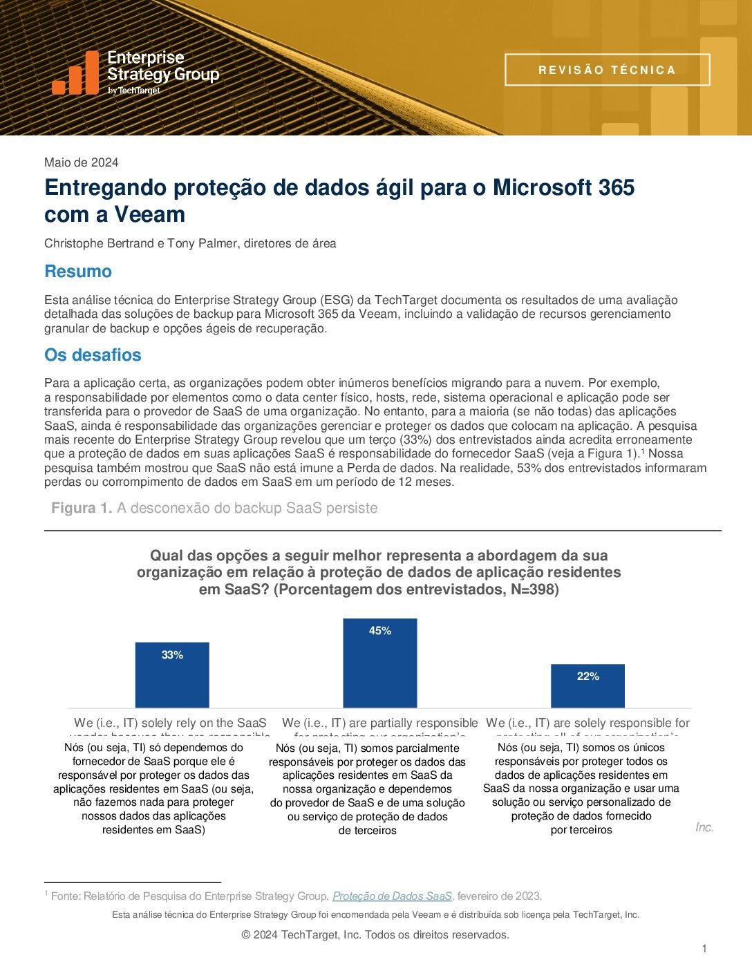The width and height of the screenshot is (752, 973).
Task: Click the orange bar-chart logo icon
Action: [75, 73]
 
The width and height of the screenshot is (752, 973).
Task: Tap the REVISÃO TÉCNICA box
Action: [607, 70]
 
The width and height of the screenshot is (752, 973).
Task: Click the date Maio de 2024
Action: [81, 162]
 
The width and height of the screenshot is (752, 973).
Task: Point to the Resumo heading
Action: [78, 271]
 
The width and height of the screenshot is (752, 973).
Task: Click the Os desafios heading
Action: [93, 355]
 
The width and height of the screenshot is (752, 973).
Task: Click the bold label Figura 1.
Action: [82, 508]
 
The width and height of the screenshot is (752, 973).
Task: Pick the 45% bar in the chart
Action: [380, 663]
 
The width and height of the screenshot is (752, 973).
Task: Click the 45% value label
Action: [380, 630]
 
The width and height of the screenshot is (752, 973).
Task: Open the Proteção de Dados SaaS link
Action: [392, 896]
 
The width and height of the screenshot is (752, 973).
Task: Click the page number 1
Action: [704, 949]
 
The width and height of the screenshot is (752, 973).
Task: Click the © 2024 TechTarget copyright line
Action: [375, 935]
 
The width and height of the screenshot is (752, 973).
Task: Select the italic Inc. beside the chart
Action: [704, 827]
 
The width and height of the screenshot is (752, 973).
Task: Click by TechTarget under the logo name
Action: [133, 91]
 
